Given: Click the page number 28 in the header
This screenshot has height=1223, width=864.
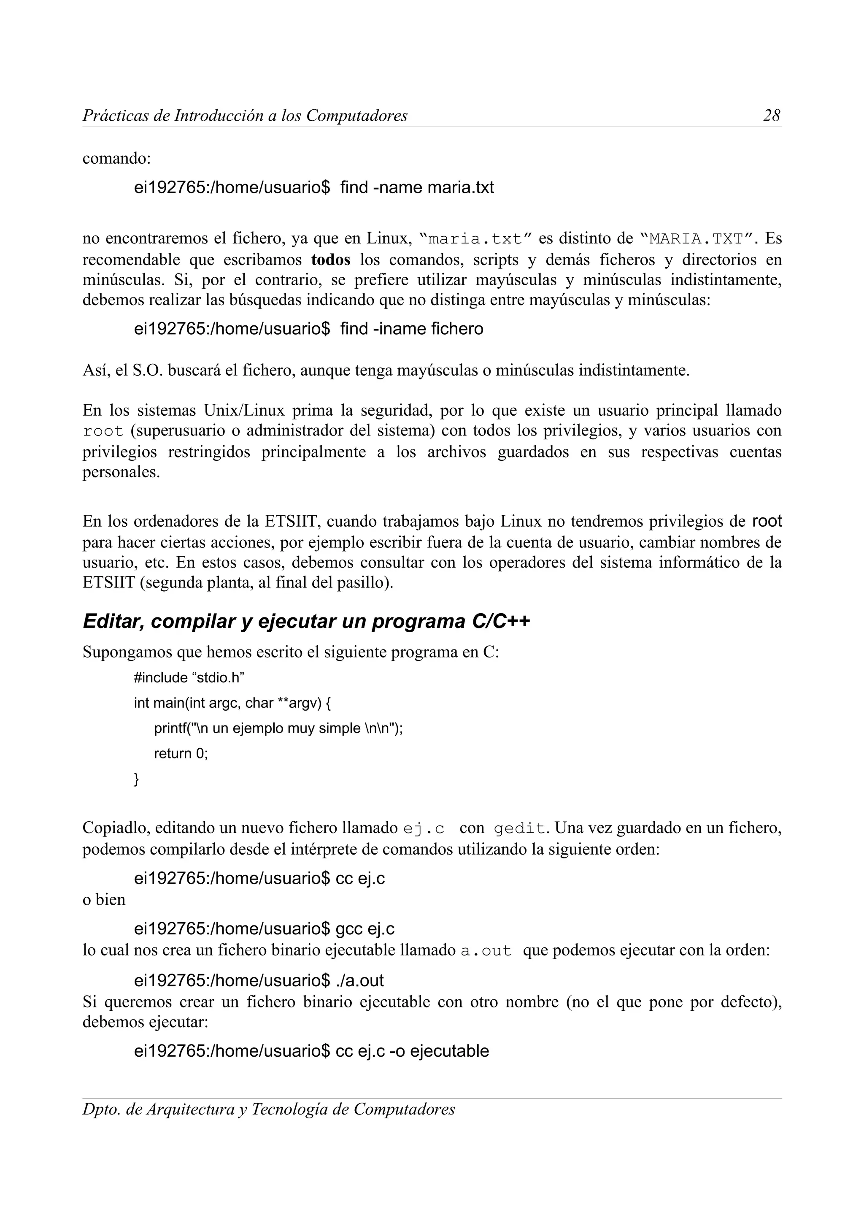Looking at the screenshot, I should pos(771,116).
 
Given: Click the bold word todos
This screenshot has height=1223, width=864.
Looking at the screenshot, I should pos(331,260).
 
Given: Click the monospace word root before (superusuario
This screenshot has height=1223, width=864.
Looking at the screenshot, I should pos(103,431).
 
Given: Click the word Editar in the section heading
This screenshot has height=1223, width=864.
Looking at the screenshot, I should pos(113,621).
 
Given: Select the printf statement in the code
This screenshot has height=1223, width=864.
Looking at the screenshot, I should pos(278,728).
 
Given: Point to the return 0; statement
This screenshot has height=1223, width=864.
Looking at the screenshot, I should pos(181,753).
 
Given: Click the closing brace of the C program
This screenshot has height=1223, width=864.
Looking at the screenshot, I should pos(136,779).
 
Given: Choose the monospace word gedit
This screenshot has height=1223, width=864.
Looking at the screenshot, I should pos(520,828).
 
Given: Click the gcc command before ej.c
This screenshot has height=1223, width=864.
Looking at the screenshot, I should pos(349,929).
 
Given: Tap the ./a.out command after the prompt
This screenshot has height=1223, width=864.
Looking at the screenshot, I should pos(360,980).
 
